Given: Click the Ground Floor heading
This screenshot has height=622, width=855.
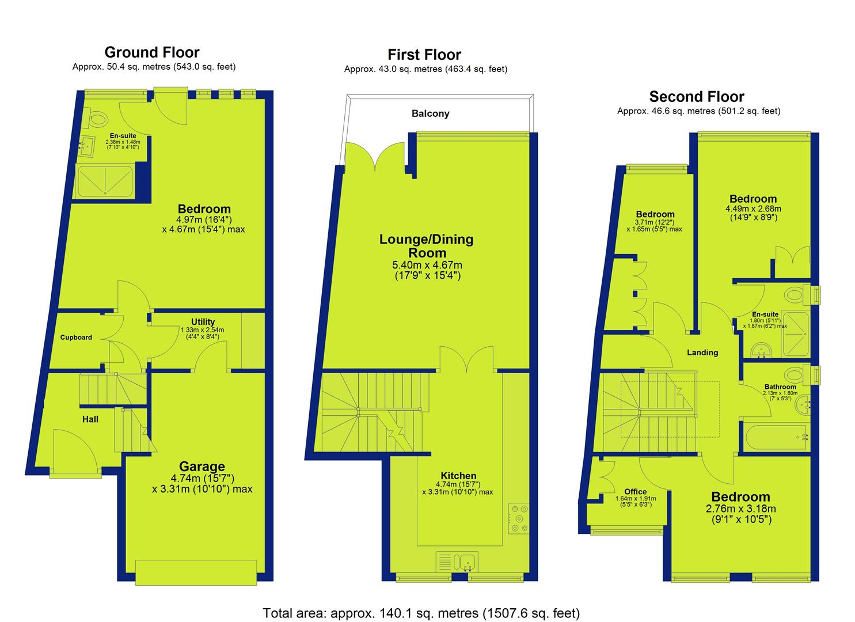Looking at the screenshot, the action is click(x=152, y=52).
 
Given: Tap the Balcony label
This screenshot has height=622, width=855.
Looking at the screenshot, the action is click(x=430, y=113).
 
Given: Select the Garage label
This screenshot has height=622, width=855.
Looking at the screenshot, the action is click(x=202, y=466).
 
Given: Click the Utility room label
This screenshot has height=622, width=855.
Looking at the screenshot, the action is click(x=203, y=321).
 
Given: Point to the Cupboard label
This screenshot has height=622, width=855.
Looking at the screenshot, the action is click(x=76, y=337).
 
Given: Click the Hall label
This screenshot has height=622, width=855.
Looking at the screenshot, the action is click(x=90, y=419).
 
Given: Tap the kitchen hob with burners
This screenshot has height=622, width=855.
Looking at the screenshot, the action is click(x=518, y=518).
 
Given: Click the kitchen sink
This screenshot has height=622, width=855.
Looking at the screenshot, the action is click(x=457, y=562).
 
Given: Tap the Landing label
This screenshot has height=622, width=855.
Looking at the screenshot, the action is click(x=702, y=352).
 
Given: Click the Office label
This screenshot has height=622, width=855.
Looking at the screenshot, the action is click(x=636, y=492).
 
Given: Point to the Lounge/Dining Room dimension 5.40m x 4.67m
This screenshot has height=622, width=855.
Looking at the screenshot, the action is click(x=427, y=270).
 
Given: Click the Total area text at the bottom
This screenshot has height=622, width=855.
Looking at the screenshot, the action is click(x=421, y=603).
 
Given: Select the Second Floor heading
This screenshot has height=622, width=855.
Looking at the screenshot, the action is click(x=697, y=97).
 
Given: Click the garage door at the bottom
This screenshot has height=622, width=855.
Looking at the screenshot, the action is click(x=196, y=572).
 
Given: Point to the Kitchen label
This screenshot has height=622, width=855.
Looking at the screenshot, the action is click(x=458, y=475).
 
